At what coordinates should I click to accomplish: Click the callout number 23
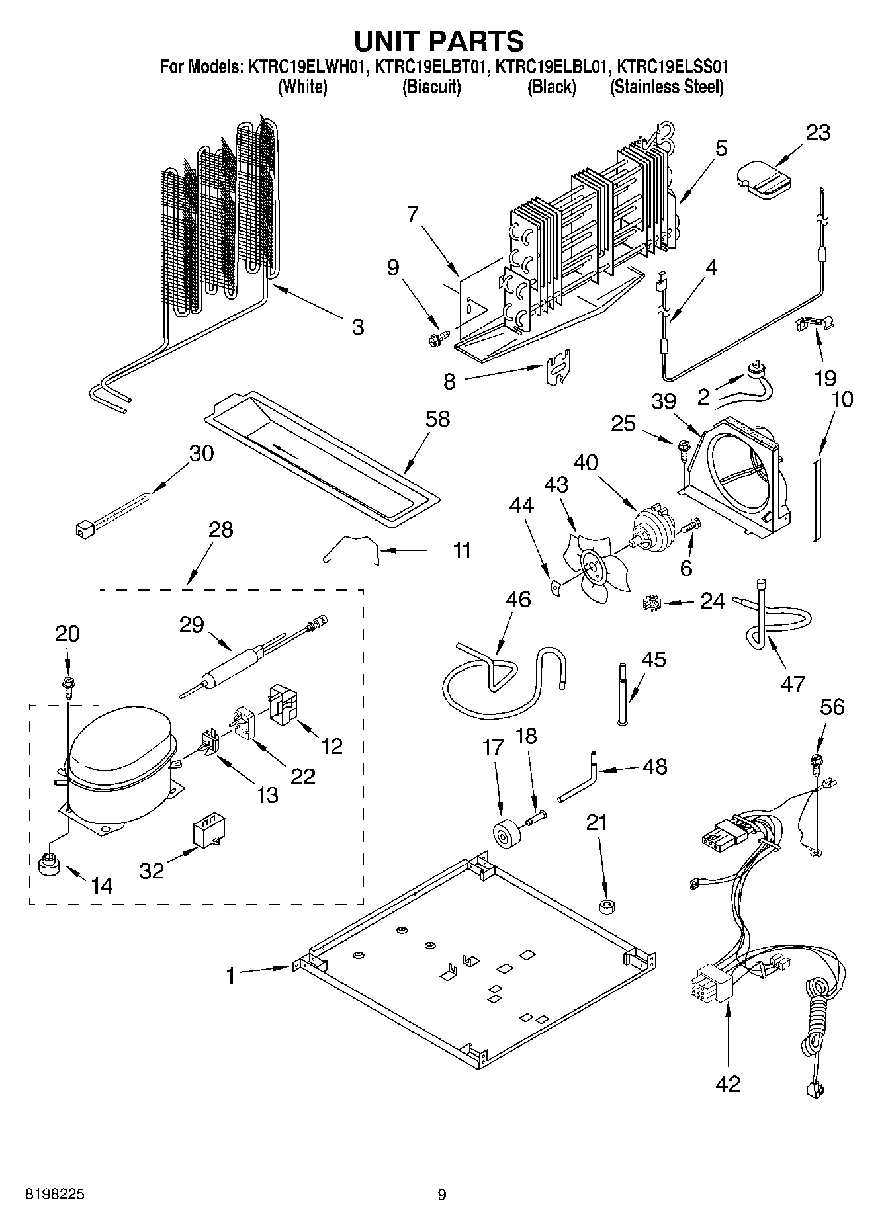coord(818,133)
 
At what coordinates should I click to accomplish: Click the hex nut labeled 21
coord(605,906)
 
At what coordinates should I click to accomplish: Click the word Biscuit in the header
coord(432,87)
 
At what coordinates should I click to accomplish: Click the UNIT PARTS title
coord(439,41)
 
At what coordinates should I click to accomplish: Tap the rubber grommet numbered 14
coord(47,865)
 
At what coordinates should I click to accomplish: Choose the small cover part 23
coord(763,177)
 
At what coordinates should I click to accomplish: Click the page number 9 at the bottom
coord(441,1195)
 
